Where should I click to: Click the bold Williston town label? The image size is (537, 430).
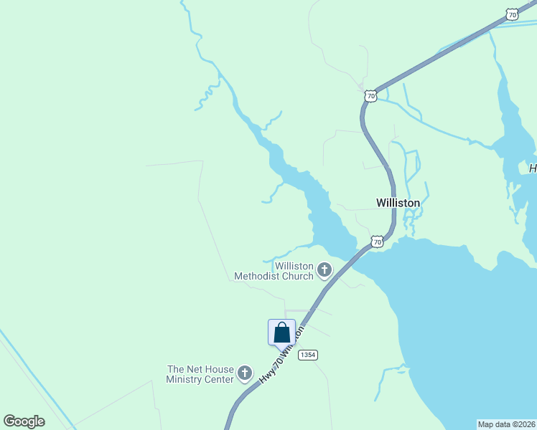tap(398, 203)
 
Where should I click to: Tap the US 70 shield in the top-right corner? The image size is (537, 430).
tap(511, 14)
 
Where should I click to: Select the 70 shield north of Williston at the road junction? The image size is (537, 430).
tap(370, 95)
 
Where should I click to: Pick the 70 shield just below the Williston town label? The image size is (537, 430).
tap(377, 242)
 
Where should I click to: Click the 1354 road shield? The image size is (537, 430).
tap(308, 355)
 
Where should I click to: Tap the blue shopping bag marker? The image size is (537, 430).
tap(281, 333)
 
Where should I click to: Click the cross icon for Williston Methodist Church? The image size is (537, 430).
tap(324, 270)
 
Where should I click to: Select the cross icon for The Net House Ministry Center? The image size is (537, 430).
tap(245, 373)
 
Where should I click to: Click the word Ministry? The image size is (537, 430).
tap(185, 379)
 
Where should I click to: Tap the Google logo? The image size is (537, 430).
tap(24, 421)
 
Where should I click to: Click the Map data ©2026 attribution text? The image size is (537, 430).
tap(506, 424)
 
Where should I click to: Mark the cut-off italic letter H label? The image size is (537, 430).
tap(533, 168)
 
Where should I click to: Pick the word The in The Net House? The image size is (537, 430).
tap(177, 369)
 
